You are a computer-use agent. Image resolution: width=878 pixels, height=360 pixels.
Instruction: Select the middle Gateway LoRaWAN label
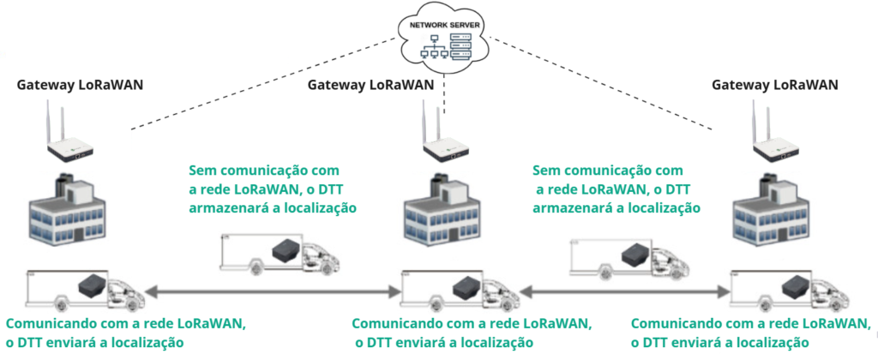pyautogui.click(x=370, y=85)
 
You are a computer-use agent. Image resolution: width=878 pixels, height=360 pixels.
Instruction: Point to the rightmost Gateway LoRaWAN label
pyautogui.click(x=775, y=85)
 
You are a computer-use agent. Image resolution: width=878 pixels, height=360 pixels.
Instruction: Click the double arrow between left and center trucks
pyautogui.click(x=273, y=293)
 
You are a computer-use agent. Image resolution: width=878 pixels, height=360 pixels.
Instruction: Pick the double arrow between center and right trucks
pyautogui.click(x=624, y=293)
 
